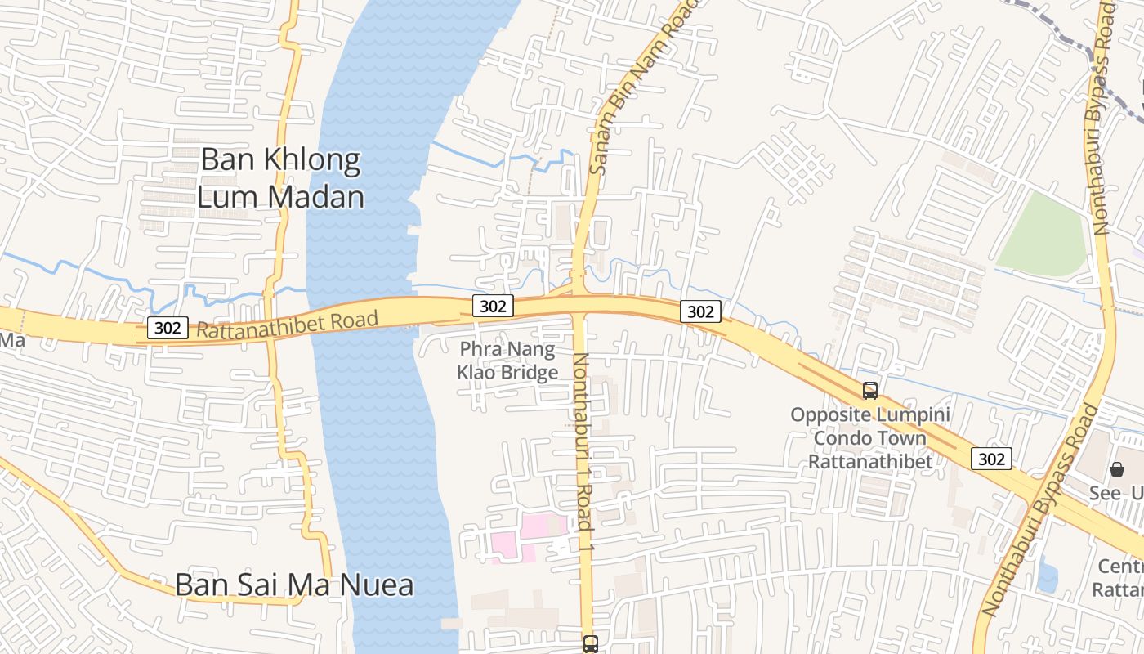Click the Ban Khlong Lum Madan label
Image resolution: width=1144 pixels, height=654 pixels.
tap(280, 178)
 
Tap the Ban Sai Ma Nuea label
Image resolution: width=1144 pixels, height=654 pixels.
tap(294, 585)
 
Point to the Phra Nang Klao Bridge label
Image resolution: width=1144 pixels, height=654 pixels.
tap(507, 361)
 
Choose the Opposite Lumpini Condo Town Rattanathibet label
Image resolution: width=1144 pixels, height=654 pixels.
tap(870, 438)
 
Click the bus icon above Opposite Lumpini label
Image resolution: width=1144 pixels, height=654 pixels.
tap(870, 391)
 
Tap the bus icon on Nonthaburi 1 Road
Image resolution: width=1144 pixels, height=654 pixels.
tap(590, 643)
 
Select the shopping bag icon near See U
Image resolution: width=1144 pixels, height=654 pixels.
tap(1117, 469)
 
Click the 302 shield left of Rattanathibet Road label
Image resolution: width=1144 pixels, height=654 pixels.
tap(168, 328)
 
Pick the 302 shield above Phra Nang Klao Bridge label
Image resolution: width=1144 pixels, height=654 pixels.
tap(493, 306)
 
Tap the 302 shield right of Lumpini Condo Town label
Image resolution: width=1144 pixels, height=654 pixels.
tap(991, 459)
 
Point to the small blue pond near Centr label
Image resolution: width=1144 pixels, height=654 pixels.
tap(1047, 576)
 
